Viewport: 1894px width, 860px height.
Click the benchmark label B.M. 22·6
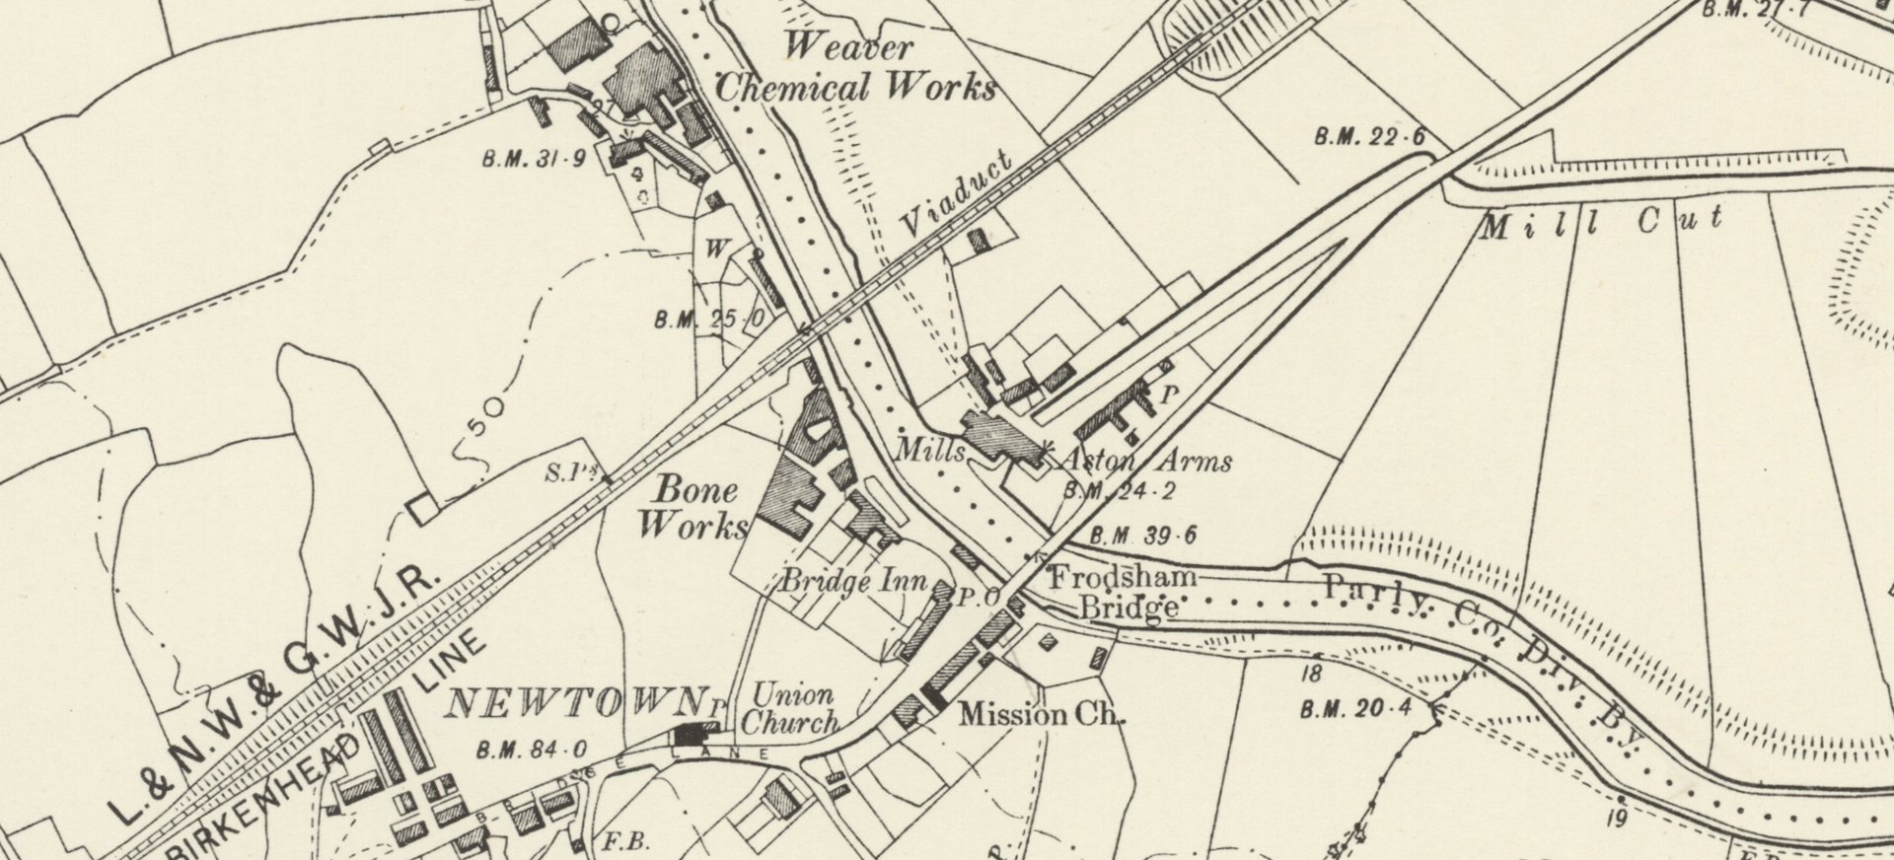[x=1370, y=137]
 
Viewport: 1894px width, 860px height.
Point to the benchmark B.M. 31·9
[x=534, y=158]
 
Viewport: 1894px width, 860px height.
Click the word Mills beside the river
[x=930, y=451]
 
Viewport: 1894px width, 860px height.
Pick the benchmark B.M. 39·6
[x=1142, y=537]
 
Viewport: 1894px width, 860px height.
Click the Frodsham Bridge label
[x=1125, y=592]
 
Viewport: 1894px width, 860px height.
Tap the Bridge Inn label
[x=854, y=581]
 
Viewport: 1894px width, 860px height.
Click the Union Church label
[x=789, y=709]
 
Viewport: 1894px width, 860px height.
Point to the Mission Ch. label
[x=1042, y=714]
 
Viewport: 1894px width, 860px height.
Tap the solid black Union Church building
[x=694, y=735]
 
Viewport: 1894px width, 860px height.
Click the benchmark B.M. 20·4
[x=1355, y=708]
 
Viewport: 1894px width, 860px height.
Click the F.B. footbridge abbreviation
[x=624, y=842]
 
